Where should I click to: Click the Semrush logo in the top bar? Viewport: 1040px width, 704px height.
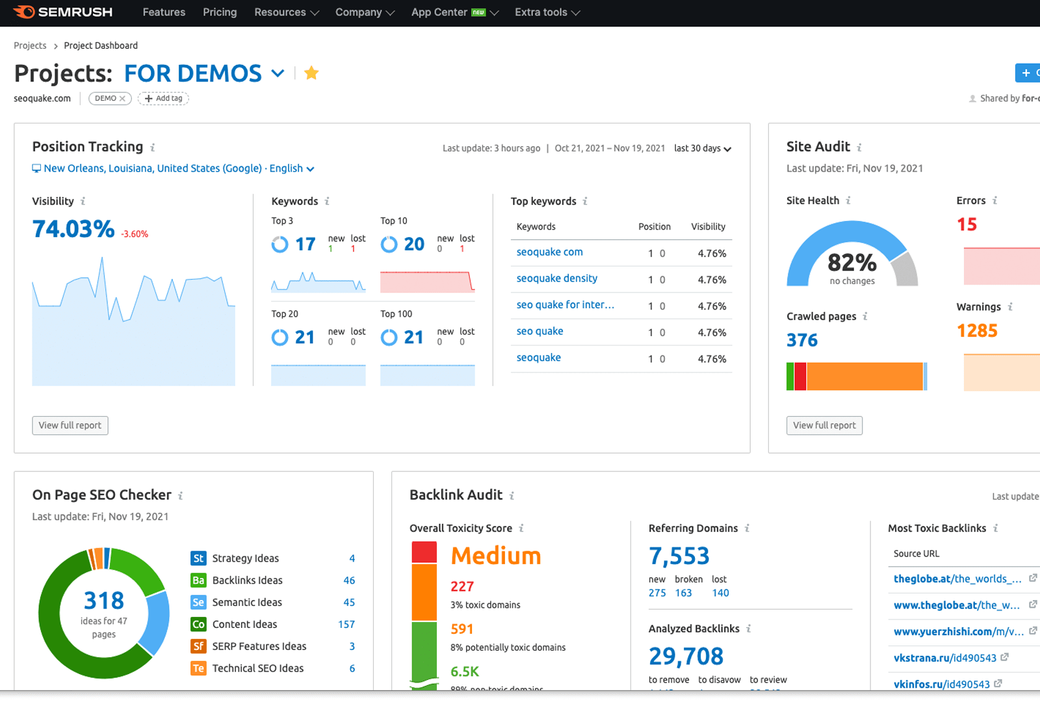click(x=63, y=12)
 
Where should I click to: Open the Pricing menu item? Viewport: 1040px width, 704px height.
click(x=220, y=12)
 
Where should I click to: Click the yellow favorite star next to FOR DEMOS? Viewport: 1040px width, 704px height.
click(x=311, y=73)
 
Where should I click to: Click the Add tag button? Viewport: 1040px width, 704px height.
click(x=163, y=98)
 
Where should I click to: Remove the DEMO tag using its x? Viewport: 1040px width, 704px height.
click(x=122, y=99)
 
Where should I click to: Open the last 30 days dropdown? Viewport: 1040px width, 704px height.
click(x=702, y=148)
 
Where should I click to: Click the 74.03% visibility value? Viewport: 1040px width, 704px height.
click(x=73, y=229)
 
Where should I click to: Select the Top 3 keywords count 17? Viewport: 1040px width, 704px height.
click(x=305, y=244)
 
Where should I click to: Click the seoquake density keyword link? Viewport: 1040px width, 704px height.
click(x=556, y=278)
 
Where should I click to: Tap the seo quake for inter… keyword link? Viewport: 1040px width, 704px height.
click(x=565, y=304)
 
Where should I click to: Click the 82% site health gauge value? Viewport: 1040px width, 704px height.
click(x=851, y=263)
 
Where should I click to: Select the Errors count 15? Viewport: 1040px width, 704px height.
click(x=967, y=224)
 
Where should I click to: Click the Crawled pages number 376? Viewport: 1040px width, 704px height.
click(x=802, y=340)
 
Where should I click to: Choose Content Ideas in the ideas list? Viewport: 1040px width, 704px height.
click(x=244, y=624)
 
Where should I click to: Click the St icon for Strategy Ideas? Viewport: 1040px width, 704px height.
click(x=198, y=558)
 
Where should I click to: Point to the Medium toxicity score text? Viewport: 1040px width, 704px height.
click(x=496, y=556)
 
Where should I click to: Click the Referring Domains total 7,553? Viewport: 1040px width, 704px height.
click(x=679, y=556)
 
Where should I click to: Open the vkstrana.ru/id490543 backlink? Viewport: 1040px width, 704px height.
click(x=944, y=658)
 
